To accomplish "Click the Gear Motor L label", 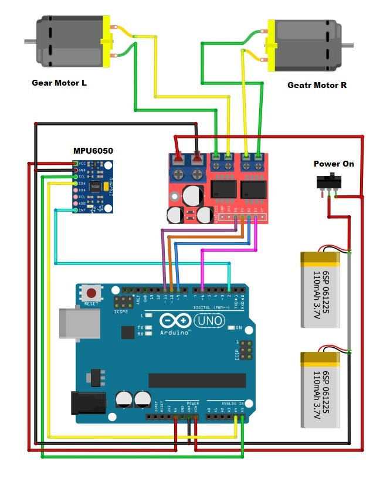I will tap(59, 83).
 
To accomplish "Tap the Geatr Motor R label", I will tap(317, 85).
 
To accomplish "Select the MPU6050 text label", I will tap(93, 151).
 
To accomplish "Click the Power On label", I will tap(334, 164).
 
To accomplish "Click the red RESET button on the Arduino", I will tap(91, 292).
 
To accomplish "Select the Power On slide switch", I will tap(329, 181).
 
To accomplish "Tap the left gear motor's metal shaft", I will tap(29, 42).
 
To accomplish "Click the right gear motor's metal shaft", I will tap(348, 45).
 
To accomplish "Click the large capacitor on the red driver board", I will tap(192, 196).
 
